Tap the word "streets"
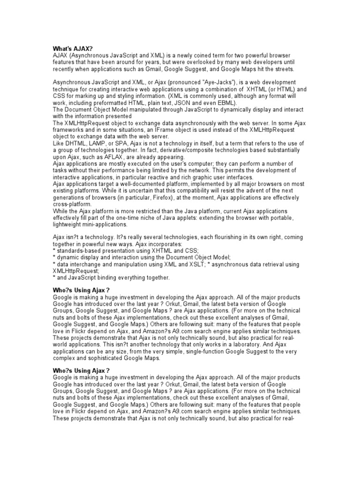[x=283, y=68]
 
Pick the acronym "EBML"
[x=225, y=103]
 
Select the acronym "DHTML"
[x=74, y=143]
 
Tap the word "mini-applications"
[x=105, y=225]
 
